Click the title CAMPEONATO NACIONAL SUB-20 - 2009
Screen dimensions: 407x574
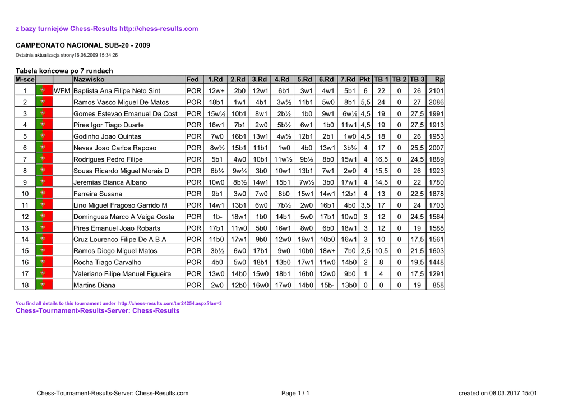tap(82, 45)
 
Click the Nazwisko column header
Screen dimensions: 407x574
tap(89, 80)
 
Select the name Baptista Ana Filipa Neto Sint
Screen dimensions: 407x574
tap(117, 91)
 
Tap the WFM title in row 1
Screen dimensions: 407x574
tap(62, 91)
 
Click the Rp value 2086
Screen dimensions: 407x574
tap(436, 102)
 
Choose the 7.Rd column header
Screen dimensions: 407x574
tap(348, 80)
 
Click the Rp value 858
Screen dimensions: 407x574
tap(438, 285)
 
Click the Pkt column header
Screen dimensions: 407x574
tap(365, 80)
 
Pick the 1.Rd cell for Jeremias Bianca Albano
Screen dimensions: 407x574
tap(216, 182)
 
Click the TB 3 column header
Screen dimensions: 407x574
tap(417, 80)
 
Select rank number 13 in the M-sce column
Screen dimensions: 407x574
tap(25, 228)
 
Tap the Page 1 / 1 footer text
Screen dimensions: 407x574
tap(295, 393)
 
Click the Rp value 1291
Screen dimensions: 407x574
tap(436, 274)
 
